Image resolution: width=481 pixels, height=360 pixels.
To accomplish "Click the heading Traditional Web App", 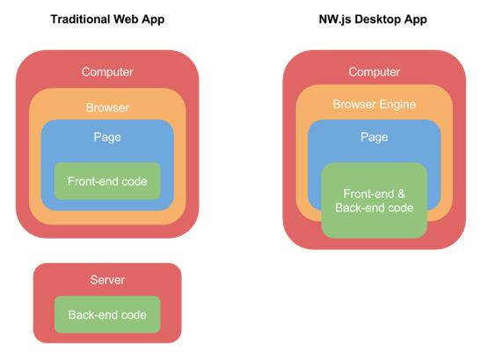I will (x=107, y=19).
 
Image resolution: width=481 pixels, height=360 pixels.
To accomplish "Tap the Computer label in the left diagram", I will (x=107, y=72).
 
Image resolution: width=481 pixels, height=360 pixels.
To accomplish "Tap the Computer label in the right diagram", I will (x=374, y=72).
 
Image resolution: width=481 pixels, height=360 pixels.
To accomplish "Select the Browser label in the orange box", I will (x=107, y=108).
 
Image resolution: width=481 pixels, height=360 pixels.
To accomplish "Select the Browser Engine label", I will (x=374, y=105).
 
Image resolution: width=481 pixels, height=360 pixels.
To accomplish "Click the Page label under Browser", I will (x=107, y=137).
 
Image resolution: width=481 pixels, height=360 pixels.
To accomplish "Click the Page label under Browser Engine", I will (x=374, y=137).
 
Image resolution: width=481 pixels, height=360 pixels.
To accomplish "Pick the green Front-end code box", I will (x=107, y=181).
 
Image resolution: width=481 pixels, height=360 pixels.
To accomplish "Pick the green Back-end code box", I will (x=107, y=314).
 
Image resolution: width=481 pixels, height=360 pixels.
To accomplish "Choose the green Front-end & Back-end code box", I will (x=374, y=201).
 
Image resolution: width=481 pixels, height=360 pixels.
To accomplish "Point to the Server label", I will (x=107, y=280).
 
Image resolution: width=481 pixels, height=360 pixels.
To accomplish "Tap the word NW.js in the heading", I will (x=336, y=19).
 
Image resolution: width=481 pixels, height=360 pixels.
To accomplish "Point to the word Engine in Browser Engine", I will (x=397, y=105).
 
